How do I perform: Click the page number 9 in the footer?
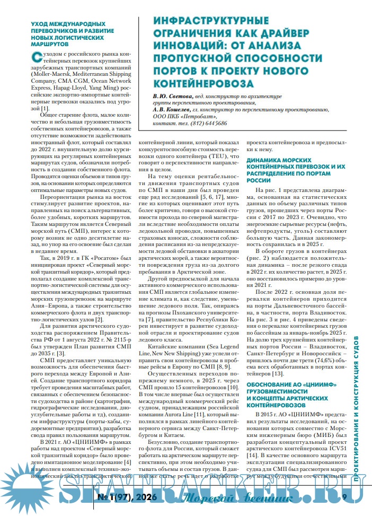click(x=344, y=497)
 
